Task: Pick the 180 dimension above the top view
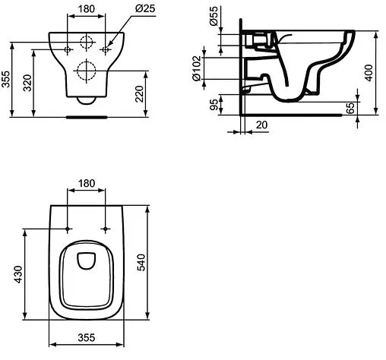click(87, 183)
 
